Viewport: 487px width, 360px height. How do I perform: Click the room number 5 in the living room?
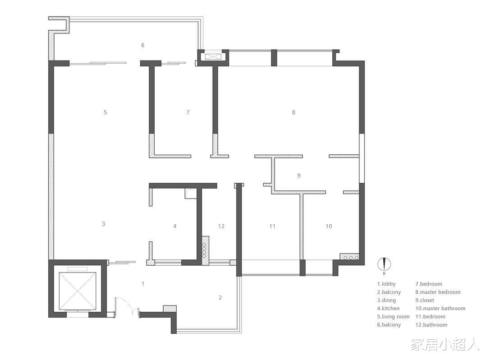coord(105,112)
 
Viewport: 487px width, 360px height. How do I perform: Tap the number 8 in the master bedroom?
coord(294,112)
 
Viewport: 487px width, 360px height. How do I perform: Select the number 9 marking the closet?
coord(299,175)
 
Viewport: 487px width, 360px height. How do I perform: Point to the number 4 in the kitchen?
coord(175,226)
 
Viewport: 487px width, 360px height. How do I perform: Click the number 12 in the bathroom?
coord(221,226)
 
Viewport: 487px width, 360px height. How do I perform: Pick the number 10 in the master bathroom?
coord(329,226)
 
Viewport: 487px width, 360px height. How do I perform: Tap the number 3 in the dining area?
coord(103,224)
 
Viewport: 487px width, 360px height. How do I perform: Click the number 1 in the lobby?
coord(143,283)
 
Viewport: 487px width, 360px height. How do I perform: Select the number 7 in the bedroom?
coord(188,112)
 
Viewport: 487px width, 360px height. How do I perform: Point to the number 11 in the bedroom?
coord(272,226)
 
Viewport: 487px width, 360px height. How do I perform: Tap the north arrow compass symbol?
coord(384,265)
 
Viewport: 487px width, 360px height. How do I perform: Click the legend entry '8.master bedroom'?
coord(438,292)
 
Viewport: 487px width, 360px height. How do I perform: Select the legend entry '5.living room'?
coord(393,317)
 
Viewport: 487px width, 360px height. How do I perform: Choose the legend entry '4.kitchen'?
coord(388,309)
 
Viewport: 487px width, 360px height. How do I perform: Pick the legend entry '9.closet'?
coord(425,300)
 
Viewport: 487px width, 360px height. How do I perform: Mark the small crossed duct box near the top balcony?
coord(213,56)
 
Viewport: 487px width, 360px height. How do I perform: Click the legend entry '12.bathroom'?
coord(432,325)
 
